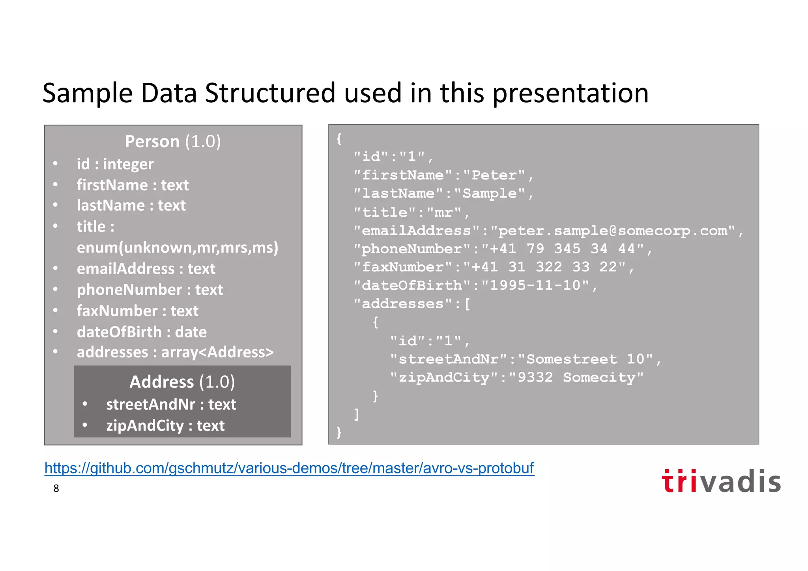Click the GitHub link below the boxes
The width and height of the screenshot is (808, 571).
coord(289,468)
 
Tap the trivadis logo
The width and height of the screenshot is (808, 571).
coord(721,481)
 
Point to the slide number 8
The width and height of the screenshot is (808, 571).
coord(56,489)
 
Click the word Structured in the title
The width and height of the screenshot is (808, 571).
coord(270,93)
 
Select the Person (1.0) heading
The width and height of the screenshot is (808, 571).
coord(173,141)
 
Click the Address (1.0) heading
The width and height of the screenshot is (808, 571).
coord(182,382)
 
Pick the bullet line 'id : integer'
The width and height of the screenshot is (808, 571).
coord(115,164)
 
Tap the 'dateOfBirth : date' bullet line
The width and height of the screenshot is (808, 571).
coord(142,332)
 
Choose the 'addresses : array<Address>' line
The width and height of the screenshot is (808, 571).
coord(175,352)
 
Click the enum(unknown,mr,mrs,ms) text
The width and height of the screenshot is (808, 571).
coord(178,247)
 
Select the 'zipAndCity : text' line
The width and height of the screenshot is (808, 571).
coord(165,425)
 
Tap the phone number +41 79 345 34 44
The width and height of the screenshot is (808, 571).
coord(563,249)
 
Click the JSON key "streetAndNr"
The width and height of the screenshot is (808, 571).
coord(449,359)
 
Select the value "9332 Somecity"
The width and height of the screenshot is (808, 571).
coord(576,377)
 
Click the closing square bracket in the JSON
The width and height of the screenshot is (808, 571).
coord(357,414)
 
